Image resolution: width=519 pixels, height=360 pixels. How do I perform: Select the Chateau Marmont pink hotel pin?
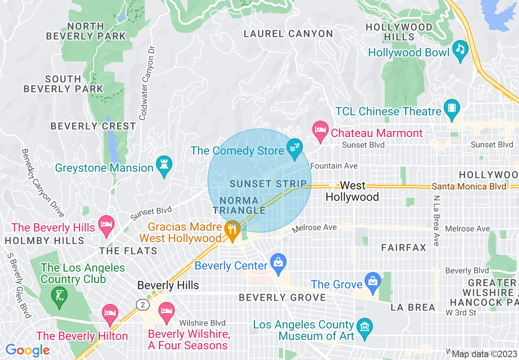pyautogui.click(x=320, y=131)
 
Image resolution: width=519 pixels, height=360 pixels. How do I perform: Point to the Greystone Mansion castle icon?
pyautogui.click(x=164, y=166)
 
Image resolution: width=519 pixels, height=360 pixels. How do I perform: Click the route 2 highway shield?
pyautogui.click(x=142, y=304)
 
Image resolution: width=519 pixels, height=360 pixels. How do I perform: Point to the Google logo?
pyautogui.click(x=27, y=350)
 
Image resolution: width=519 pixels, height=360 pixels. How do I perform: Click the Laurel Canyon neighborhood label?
pyautogui.click(x=288, y=34)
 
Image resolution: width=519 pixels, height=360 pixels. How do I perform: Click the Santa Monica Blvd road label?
pyautogui.click(x=469, y=187)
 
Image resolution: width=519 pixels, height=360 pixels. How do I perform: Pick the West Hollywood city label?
pyautogui.click(x=352, y=191)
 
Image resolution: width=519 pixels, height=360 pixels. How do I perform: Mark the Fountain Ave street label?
pyautogui.click(x=334, y=166)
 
